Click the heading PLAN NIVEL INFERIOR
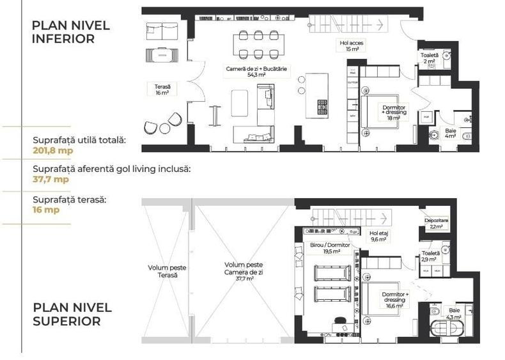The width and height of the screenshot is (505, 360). pos(71,32)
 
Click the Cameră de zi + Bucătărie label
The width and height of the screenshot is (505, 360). pos(247,71)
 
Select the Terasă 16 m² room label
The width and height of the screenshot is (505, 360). pos(162,89)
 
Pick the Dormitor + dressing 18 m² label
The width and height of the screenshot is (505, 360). pos(392,113)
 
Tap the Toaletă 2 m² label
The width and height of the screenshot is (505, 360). pos(430,58)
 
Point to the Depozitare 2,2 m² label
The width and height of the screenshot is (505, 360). pos(437,223)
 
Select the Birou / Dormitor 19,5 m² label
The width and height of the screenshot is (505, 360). pos(331,248)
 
